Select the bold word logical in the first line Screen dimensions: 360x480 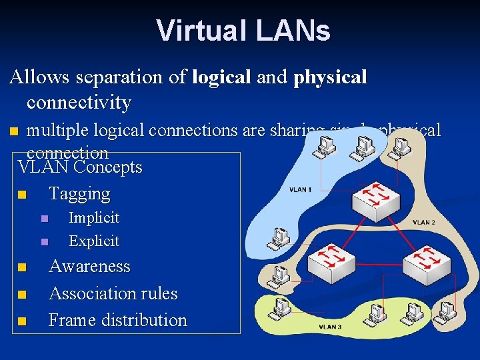(x=221, y=77)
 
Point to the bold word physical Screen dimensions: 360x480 (x=330, y=77)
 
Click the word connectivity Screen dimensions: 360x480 (x=79, y=103)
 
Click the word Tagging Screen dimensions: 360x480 (x=79, y=194)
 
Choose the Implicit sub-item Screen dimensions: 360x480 (x=94, y=218)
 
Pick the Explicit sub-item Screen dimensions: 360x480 (x=94, y=241)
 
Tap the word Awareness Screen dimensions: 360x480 (x=89, y=267)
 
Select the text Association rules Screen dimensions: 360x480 (x=113, y=293)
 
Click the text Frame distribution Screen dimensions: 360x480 (x=118, y=320)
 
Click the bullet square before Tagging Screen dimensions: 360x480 (x=22, y=195)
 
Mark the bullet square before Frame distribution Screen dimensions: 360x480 (x=22, y=321)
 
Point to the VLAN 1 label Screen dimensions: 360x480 (x=300, y=190)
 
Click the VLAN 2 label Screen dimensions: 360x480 (x=424, y=222)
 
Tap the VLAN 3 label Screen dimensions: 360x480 (x=330, y=327)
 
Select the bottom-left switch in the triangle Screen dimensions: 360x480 (x=329, y=261)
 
